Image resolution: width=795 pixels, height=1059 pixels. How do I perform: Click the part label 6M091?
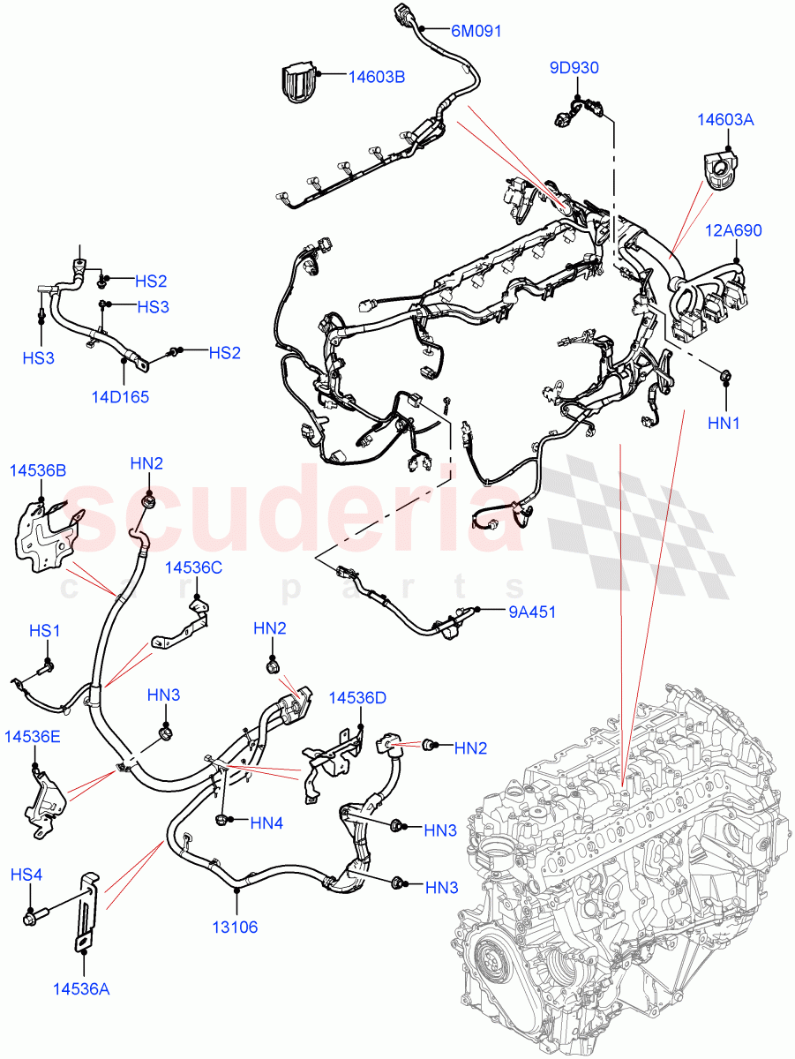(476, 31)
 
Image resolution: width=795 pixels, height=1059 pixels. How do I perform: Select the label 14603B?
(376, 77)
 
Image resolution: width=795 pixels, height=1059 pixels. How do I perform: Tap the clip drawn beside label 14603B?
(299, 81)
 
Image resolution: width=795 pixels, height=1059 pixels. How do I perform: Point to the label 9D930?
(574, 67)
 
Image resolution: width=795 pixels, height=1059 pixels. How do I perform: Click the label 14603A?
(725, 119)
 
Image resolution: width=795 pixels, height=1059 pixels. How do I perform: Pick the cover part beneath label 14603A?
(721, 166)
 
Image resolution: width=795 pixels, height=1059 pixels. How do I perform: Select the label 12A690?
(734, 231)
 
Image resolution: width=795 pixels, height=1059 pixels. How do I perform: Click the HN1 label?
(724, 424)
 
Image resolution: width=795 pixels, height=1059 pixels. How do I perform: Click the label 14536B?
(38, 470)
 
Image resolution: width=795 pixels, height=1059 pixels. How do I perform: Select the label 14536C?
(193, 567)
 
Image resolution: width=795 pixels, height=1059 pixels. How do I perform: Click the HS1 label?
(44, 631)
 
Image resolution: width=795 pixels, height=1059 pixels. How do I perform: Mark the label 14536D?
(357, 697)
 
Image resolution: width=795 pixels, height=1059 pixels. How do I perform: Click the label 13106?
(236, 927)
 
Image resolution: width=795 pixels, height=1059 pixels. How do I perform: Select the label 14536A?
(81, 989)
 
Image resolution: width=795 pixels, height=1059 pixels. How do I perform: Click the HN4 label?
(266, 822)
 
